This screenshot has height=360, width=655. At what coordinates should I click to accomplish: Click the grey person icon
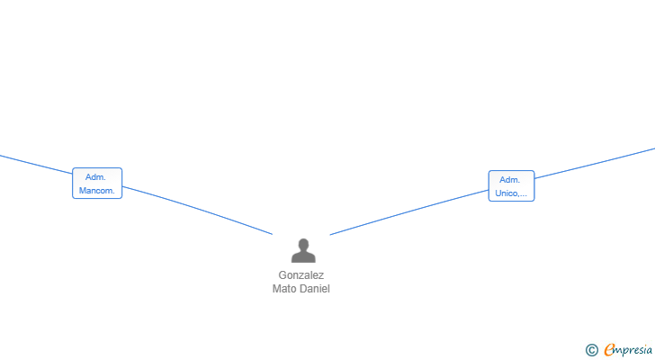303,250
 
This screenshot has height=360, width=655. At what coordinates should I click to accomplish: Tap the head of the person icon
304,244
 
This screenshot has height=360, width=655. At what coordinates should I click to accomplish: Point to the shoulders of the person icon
303,256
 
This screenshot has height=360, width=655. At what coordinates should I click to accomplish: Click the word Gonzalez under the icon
301,275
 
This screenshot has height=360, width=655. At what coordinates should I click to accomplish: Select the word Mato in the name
284,289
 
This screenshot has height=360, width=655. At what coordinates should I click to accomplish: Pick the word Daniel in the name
314,289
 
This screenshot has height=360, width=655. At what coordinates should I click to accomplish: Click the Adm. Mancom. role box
97,184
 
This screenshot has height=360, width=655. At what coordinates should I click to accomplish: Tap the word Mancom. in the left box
97,191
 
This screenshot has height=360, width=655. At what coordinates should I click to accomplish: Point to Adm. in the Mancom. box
95,177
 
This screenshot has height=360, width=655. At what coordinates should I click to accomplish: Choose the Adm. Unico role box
511,185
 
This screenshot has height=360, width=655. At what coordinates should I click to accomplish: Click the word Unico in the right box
506,193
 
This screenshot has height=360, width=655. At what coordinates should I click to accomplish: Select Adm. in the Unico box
509,180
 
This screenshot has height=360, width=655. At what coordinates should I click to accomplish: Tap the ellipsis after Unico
522,195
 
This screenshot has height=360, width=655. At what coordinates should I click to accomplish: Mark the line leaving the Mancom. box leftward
36,165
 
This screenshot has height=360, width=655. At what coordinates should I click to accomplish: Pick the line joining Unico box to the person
409,211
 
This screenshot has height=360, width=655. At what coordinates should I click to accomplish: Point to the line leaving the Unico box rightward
595,163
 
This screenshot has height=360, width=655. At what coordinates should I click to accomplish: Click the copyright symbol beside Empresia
591,350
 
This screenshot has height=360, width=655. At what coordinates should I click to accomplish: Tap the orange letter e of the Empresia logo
610,349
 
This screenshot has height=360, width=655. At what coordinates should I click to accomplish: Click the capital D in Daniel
302,289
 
